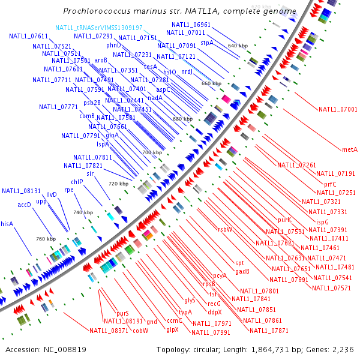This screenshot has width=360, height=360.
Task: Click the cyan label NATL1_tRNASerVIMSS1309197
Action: coord(99,28)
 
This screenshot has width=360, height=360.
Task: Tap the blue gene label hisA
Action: coord(7,224)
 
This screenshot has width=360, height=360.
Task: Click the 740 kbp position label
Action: coord(83,213)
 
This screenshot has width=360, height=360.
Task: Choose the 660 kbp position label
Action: coord(211,83)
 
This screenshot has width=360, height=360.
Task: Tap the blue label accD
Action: coord(24,205)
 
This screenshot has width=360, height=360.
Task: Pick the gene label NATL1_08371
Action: coord(109,331)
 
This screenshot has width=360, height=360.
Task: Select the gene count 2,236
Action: coord(341,349)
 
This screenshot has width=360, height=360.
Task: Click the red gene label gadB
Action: coord(242,271)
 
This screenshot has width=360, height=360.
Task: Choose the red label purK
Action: coord(284,220)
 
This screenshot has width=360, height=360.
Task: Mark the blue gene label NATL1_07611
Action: coord(28,37)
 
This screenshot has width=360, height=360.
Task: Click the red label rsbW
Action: coord(225,229)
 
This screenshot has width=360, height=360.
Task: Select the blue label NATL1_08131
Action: coord(21,191)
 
